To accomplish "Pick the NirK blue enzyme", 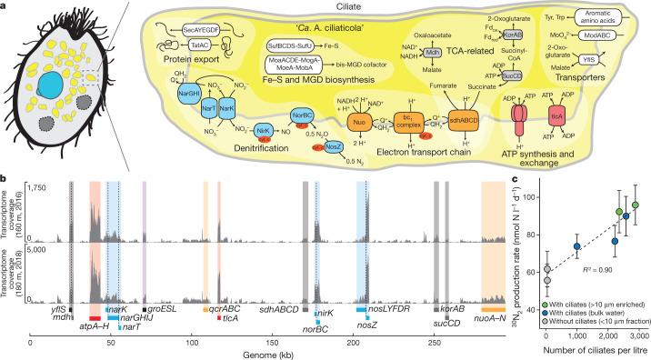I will pos(239,155).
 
